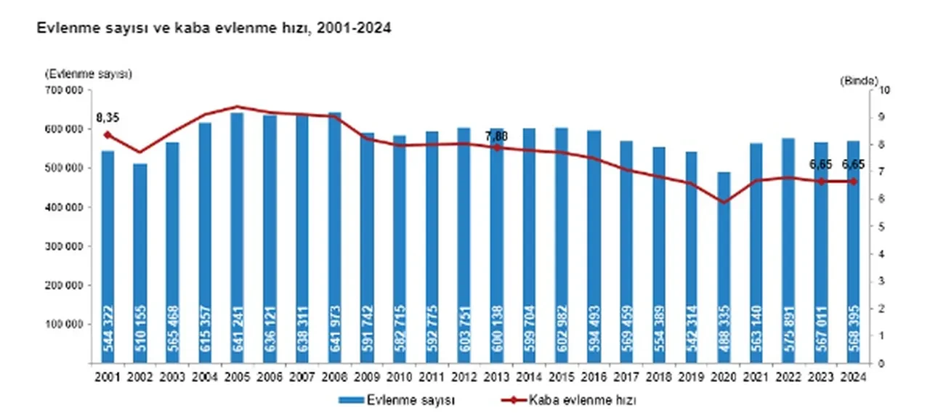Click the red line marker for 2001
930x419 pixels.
pyautogui.click(x=108, y=135)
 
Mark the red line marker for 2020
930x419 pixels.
pyautogui.click(x=724, y=202)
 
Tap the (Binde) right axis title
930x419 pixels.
pyautogui.click(x=860, y=80)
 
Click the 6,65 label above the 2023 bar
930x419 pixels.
pyautogui.click(x=821, y=164)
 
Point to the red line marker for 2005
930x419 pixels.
pyautogui.click(x=238, y=107)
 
